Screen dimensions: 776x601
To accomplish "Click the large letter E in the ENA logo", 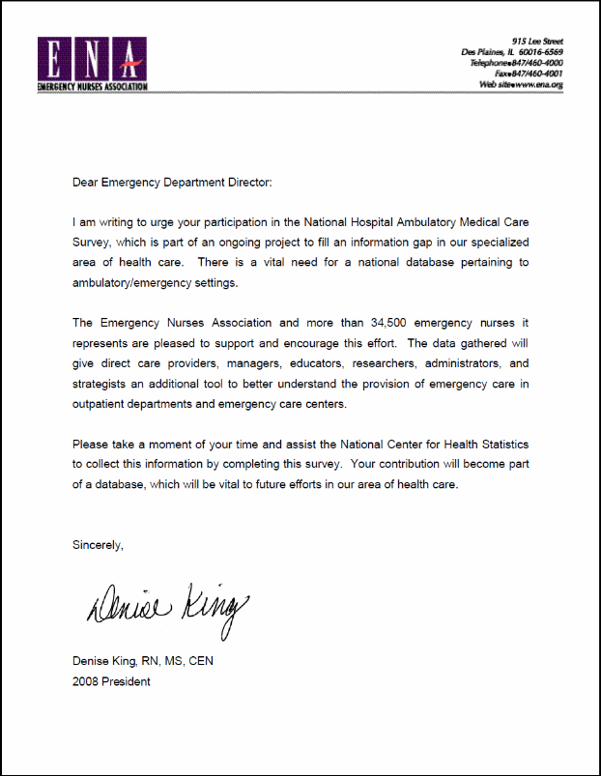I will tap(56, 60).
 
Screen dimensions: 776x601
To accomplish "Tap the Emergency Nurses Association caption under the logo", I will tap(92, 87).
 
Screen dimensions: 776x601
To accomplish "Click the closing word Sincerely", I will tap(98, 545).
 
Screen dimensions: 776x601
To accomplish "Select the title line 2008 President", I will tap(111, 681).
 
